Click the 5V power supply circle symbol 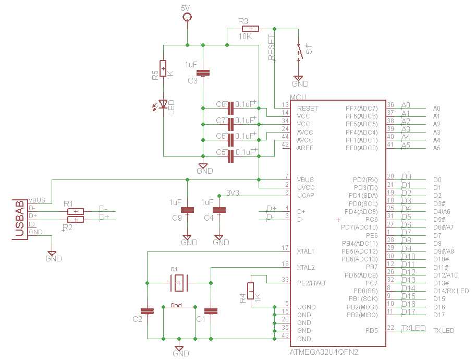[187, 17]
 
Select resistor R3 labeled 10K [251, 29]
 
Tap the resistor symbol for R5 [163, 68]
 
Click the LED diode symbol [163, 104]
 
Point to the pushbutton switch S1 [299, 52]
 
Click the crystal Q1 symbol [179, 283]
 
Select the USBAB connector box [20, 220]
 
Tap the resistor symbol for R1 [76, 211]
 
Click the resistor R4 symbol [251, 291]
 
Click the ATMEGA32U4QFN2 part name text [323, 352]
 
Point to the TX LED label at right [443, 331]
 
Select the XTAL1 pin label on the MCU [306, 251]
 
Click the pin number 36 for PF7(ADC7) [390, 104]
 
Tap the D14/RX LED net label [450, 291]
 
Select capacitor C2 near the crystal [149, 311]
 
